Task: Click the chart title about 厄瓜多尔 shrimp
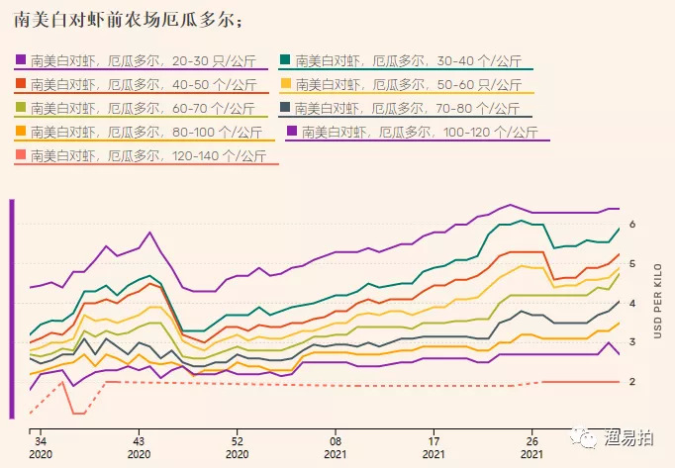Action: coord(126,20)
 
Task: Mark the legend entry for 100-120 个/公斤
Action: coord(417,131)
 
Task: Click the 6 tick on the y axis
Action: coord(631,225)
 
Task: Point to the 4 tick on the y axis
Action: coord(631,303)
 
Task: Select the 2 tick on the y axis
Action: coord(631,381)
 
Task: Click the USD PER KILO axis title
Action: coord(655,302)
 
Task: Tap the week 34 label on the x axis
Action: coord(40,441)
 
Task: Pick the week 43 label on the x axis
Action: coord(139,441)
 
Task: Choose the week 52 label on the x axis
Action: coord(238,441)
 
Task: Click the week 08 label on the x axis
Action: coord(337,441)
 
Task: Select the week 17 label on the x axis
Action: coord(434,441)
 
